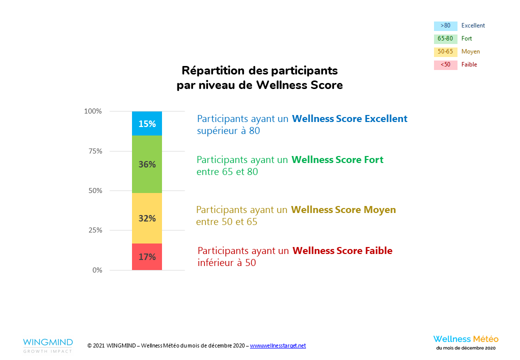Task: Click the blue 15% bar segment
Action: [x=147, y=123]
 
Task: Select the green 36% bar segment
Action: [x=147, y=164]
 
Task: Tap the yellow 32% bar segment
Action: [x=147, y=218]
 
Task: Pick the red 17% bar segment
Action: [x=147, y=257]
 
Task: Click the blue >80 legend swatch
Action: [x=445, y=26]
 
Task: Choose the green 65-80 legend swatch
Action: [x=445, y=39]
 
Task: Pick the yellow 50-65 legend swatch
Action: [x=445, y=52]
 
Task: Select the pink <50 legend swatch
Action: [x=445, y=65]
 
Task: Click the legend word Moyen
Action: [x=470, y=52]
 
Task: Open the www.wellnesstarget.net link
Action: [x=277, y=345]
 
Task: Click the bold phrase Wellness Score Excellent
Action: [x=349, y=119]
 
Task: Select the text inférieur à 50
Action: [x=226, y=262]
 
